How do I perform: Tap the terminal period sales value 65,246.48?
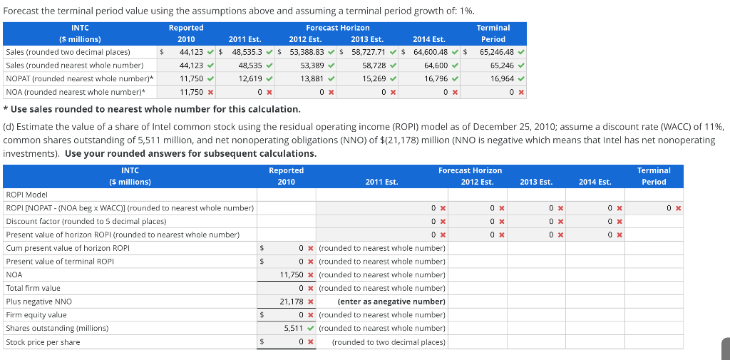click(x=494, y=52)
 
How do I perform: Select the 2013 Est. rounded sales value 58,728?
click(x=371, y=66)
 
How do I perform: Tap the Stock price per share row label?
click(x=43, y=342)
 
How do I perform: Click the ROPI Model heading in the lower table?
click(x=26, y=194)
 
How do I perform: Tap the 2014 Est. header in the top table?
click(x=428, y=39)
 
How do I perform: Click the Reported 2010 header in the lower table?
click(x=286, y=176)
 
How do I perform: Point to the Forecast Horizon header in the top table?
click(x=337, y=27)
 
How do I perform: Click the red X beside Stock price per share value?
click(x=311, y=342)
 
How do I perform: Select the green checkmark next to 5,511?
click(x=311, y=328)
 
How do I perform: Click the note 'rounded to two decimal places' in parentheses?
click(x=389, y=342)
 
